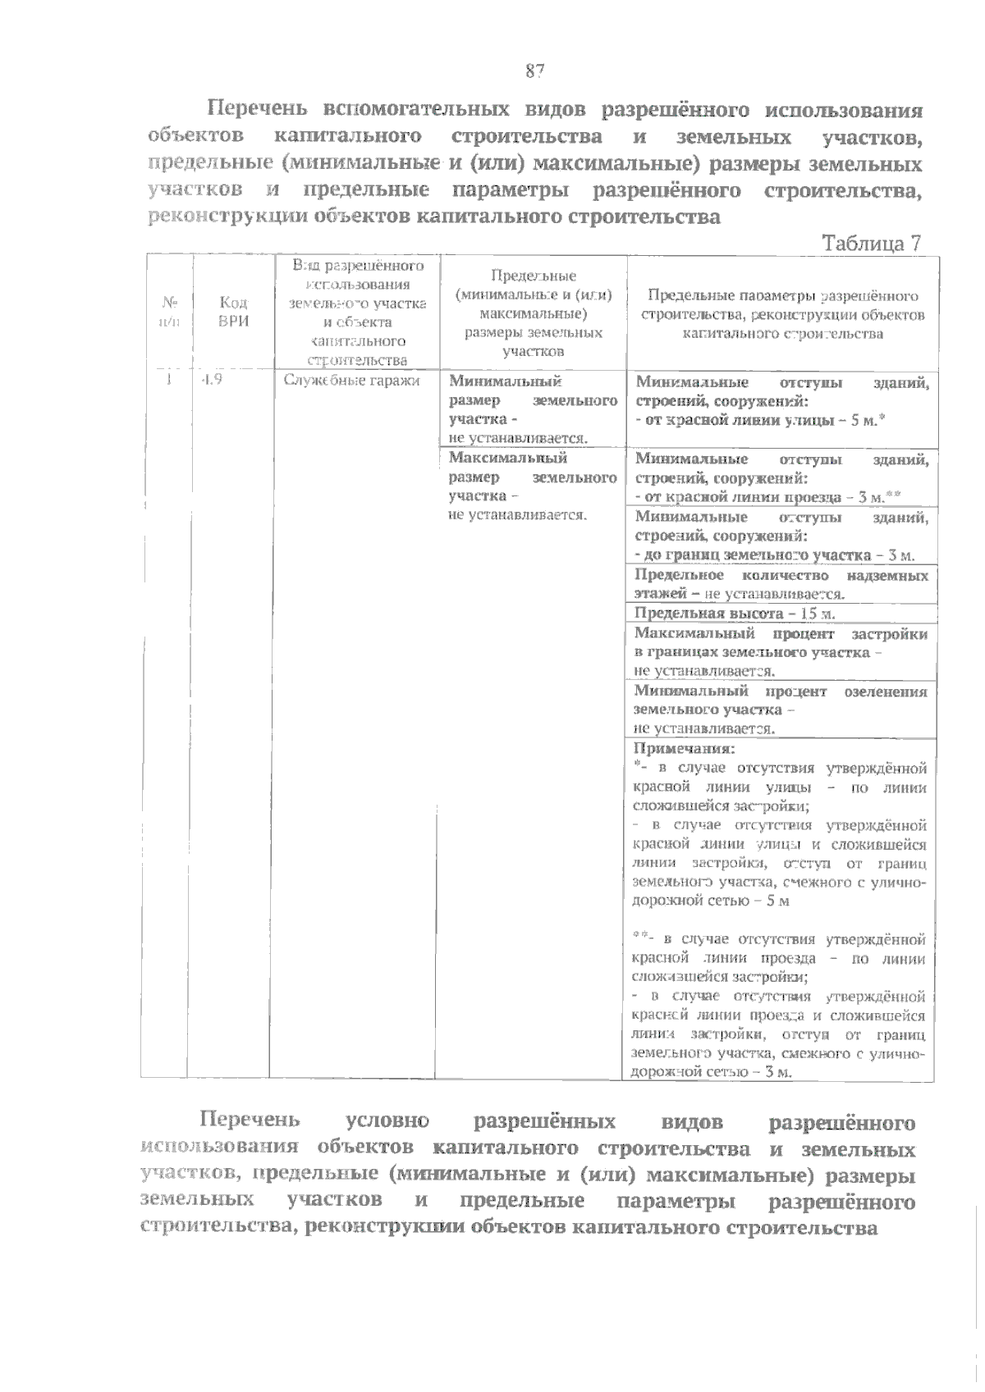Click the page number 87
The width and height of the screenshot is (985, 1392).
(x=534, y=71)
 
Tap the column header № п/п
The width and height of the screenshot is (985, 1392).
(x=168, y=313)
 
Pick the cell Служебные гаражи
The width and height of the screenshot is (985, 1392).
(x=351, y=380)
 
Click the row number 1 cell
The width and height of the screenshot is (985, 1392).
(x=168, y=380)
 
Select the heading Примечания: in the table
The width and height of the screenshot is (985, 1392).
(x=685, y=748)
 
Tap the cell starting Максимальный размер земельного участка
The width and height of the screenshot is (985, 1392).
(x=533, y=486)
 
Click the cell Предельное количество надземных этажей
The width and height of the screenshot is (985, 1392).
(x=781, y=585)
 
